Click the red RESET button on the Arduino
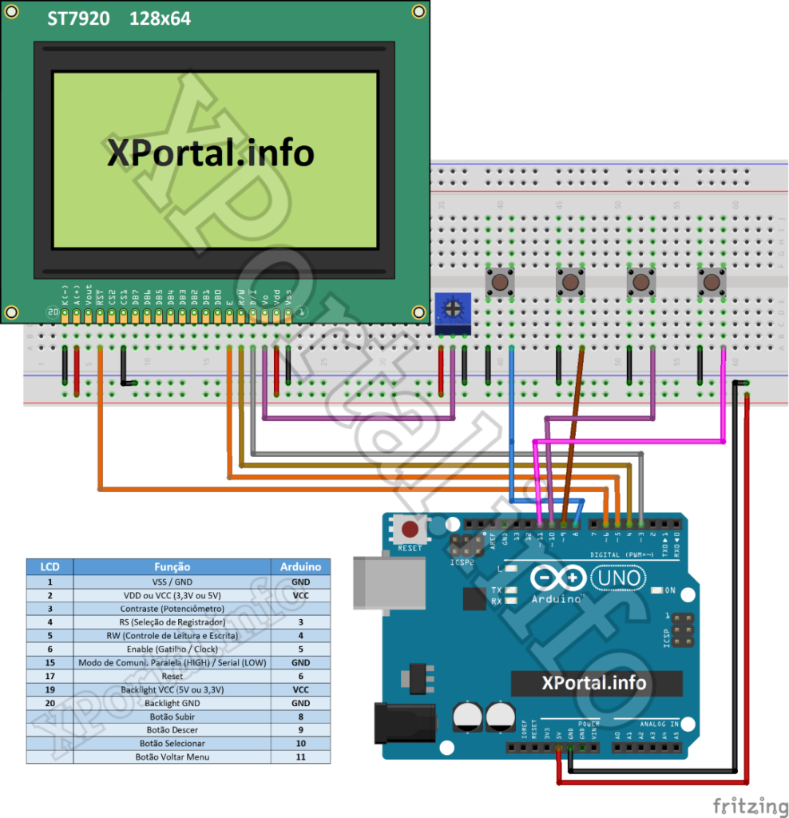(x=410, y=530)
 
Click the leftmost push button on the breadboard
(x=500, y=281)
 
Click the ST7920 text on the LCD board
(x=77, y=18)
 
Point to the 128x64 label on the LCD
(x=160, y=18)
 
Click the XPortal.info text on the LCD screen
(x=211, y=153)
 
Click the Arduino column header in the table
(x=300, y=566)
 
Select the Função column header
(x=172, y=566)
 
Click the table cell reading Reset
(x=172, y=676)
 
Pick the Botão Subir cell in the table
(x=172, y=717)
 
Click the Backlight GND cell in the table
(x=172, y=703)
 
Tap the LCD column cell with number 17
(x=50, y=676)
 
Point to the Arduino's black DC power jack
(x=404, y=724)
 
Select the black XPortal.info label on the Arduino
(x=596, y=683)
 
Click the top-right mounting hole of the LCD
(x=418, y=11)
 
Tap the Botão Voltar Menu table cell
(x=172, y=756)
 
